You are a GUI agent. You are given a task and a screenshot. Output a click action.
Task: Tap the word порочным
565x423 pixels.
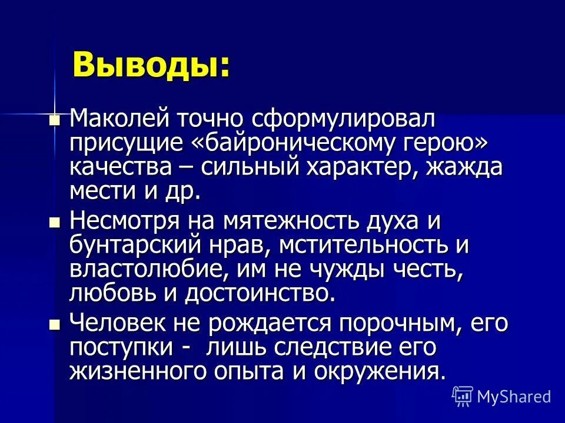point(360,323)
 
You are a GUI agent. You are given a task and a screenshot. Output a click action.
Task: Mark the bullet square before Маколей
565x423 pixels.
point(54,120)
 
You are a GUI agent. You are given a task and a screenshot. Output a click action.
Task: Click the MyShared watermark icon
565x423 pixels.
point(463,397)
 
